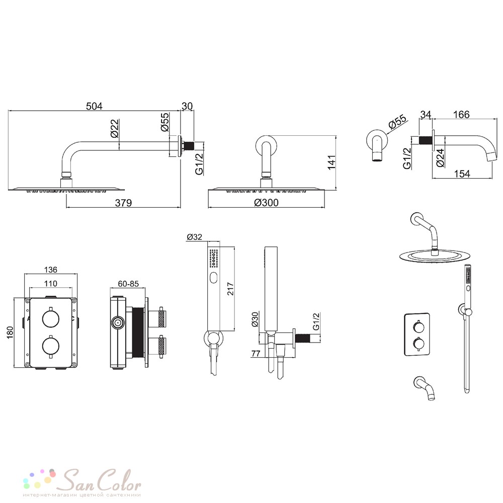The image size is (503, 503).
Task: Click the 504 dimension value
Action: click(95, 106)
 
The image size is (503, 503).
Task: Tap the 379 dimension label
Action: click(124, 203)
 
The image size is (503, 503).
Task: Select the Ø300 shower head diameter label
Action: click(266, 202)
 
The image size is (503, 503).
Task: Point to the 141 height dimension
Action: click(331, 162)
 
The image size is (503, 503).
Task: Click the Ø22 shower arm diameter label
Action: click(115, 128)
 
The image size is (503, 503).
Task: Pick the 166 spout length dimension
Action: click(461, 114)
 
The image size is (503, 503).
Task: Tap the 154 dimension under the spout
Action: click(462, 174)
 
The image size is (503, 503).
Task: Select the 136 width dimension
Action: click(51, 270)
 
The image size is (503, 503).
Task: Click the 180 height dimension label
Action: click(10, 332)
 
